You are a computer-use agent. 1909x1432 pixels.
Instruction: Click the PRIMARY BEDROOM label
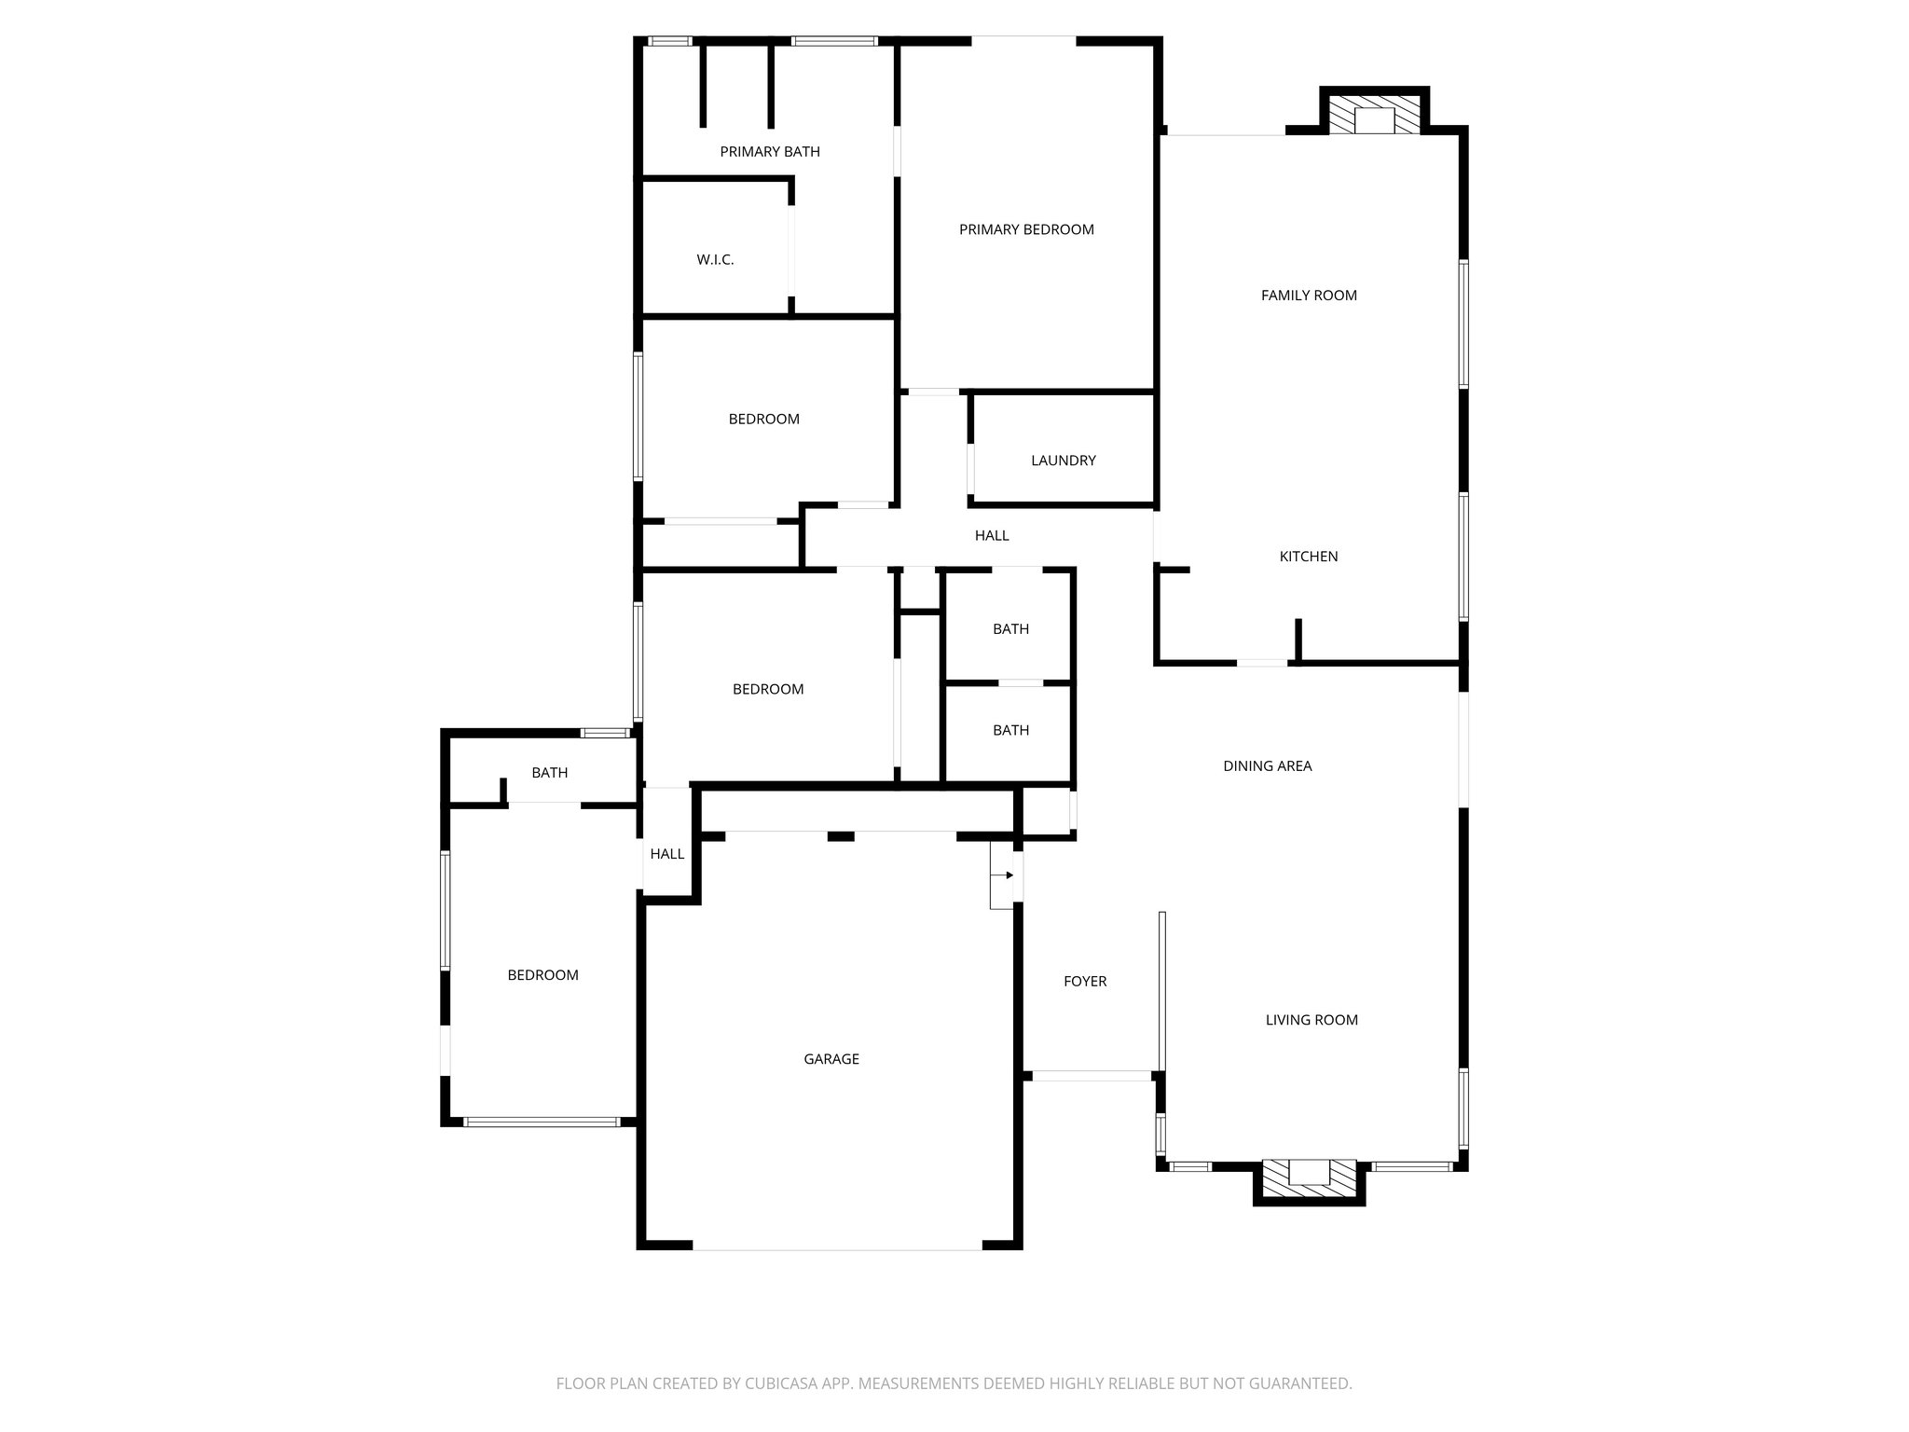tap(1026, 229)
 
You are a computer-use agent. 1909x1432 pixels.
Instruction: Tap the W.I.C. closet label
tap(715, 260)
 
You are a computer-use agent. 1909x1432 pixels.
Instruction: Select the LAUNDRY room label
tap(1063, 461)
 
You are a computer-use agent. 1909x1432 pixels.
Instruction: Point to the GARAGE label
tap(831, 1059)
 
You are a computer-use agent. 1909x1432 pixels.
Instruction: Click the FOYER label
tap(1085, 982)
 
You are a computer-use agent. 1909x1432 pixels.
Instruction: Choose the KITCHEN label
tap(1308, 557)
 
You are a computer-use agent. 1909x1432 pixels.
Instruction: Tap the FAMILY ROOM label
tap(1309, 296)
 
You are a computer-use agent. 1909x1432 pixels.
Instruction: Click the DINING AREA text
tap(1267, 766)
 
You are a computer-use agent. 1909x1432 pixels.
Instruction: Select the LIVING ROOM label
tap(1311, 1020)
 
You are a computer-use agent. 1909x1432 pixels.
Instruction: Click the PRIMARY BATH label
tap(770, 152)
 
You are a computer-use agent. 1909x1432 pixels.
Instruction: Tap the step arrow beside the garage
tap(1003, 875)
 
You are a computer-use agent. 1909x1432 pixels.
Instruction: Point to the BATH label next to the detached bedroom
tap(549, 773)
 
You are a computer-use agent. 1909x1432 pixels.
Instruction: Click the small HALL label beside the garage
tap(667, 854)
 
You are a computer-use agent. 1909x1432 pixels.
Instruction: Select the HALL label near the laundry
tap(992, 536)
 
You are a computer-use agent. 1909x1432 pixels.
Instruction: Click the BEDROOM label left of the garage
tap(542, 975)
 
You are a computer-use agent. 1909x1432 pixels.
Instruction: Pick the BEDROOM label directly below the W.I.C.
tap(763, 420)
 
